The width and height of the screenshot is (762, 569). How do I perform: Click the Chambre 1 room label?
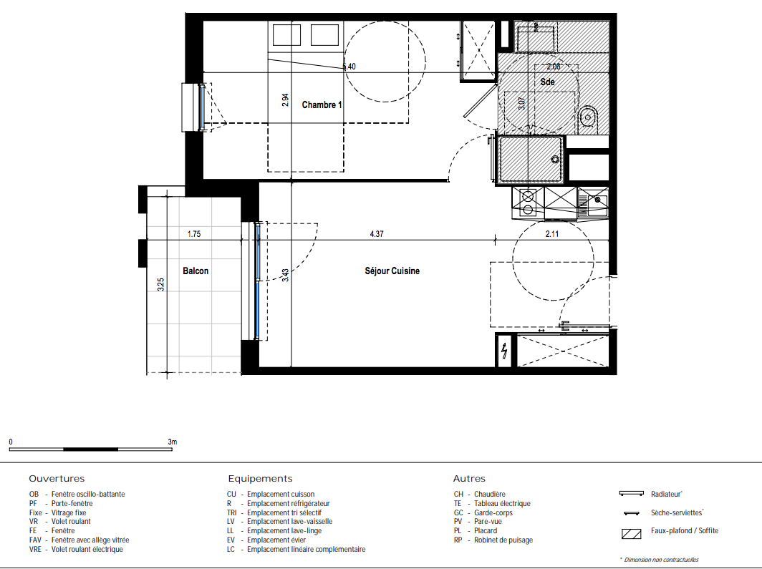pyautogui.click(x=322, y=105)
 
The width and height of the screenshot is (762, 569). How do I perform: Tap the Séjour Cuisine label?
pyautogui.click(x=392, y=271)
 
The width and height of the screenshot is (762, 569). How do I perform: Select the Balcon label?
pyautogui.click(x=196, y=271)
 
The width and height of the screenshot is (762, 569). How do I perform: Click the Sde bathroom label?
pyautogui.click(x=547, y=82)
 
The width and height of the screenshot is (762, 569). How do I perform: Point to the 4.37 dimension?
pyautogui.click(x=377, y=234)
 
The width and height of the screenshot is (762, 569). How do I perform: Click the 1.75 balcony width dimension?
pyautogui.click(x=194, y=234)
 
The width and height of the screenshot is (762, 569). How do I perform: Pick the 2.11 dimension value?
pyautogui.click(x=552, y=234)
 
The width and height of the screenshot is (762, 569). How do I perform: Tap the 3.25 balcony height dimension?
pyautogui.click(x=161, y=285)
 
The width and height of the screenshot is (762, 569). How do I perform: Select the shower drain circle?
pyautogui.click(x=554, y=159)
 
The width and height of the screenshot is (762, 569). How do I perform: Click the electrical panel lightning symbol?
pyautogui.click(x=505, y=351)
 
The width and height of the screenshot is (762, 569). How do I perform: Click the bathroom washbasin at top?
pyautogui.click(x=535, y=38)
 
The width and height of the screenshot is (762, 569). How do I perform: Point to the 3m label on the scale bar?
pyautogui.click(x=173, y=442)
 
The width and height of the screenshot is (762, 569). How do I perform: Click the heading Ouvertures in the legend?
pyautogui.click(x=57, y=479)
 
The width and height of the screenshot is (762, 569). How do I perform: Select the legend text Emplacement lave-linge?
pyautogui.click(x=284, y=530)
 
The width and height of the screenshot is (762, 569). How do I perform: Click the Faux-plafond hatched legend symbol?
pyautogui.click(x=631, y=534)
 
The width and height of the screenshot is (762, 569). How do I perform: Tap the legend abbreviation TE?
pyautogui.click(x=458, y=503)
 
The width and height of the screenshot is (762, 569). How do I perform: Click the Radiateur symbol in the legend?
pyautogui.click(x=631, y=494)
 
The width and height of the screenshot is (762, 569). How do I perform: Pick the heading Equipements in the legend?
pyautogui.click(x=260, y=479)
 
